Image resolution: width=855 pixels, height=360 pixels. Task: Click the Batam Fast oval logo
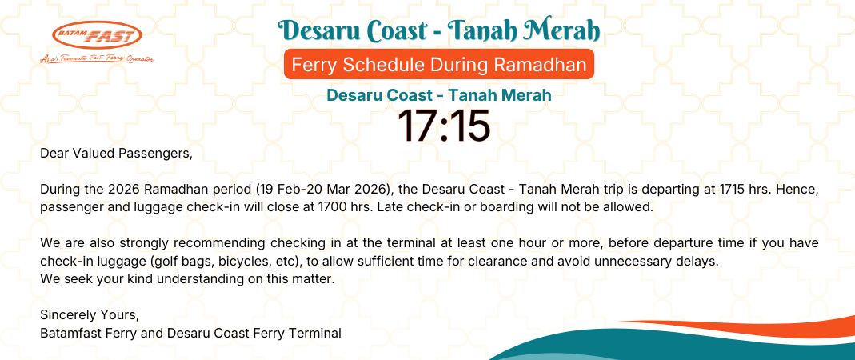97,35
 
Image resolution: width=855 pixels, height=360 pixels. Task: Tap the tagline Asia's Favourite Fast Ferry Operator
97,59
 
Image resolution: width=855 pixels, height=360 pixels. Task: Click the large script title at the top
439,31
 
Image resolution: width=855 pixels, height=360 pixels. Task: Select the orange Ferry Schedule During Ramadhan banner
439,64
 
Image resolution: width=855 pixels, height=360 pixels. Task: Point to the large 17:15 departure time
444,126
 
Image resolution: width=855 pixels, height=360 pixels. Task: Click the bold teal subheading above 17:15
439,95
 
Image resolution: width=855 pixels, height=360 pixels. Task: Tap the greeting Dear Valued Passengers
117,154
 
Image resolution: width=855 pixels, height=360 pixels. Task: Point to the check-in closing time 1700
304,208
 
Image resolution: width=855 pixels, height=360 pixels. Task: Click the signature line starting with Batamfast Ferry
191,333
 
